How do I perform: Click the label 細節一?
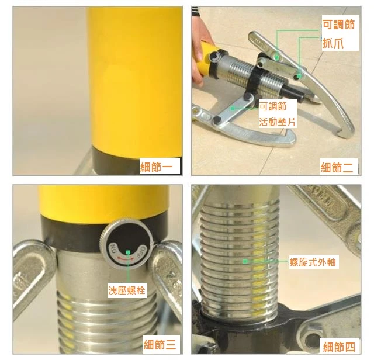pyautogui.click(x=156, y=167)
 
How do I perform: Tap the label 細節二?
pyautogui.click(x=337, y=167)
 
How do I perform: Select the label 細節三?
pyautogui.click(x=160, y=345)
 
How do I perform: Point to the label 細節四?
pyautogui.click(x=339, y=347)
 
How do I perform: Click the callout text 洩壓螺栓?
pyautogui.click(x=127, y=290)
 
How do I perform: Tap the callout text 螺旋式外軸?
pyautogui.click(x=313, y=262)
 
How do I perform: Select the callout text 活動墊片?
pyautogui.click(x=277, y=122)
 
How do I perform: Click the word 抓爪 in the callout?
pyautogui.click(x=333, y=43)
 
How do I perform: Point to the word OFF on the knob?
pyautogui.click(x=141, y=251)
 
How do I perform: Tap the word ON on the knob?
pyautogui.click(x=113, y=249)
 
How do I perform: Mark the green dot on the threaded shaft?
pyautogui.click(x=244, y=261)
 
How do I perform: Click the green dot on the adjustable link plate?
pyautogui.click(x=232, y=109)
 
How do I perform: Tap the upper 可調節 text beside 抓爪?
pyautogui.click(x=339, y=25)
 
